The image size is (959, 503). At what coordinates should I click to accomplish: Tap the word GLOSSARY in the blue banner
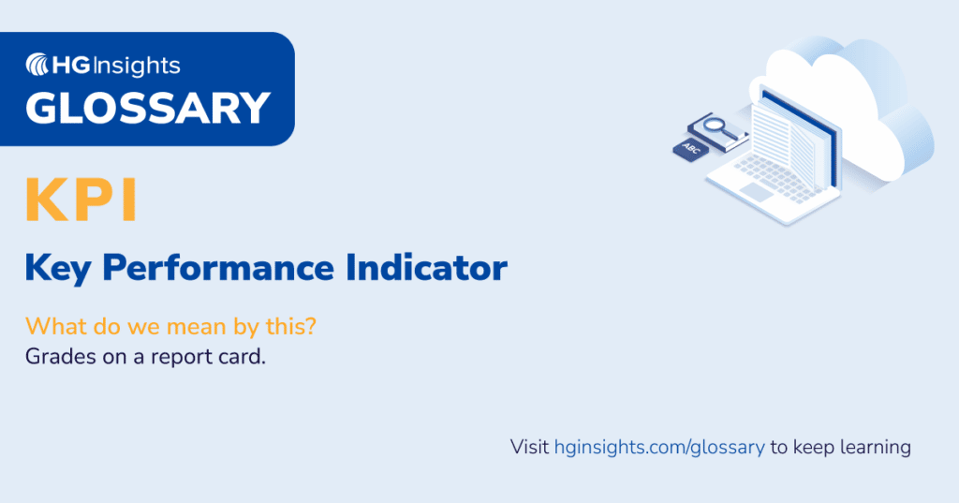tap(148, 108)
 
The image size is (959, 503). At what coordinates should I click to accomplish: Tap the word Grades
tap(56, 357)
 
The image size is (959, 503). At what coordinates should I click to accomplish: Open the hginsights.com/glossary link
tap(659, 447)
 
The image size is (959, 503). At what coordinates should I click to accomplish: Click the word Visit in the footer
tap(529, 447)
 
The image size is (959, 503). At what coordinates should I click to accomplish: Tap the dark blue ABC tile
tap(691, 148)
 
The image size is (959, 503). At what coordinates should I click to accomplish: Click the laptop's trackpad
tap(755, 191)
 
